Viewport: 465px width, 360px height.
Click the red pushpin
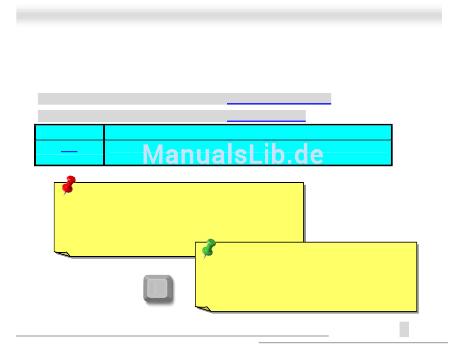tap(69, 184)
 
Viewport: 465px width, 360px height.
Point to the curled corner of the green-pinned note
tap(204, 309)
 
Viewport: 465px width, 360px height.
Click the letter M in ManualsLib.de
tap(153, 155)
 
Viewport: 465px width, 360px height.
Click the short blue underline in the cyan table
tap(70, 153)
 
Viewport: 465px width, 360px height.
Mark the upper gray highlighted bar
tap(132, 98)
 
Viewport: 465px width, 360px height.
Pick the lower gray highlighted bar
tap(132, 116)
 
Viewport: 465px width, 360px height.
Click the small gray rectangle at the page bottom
tap(404, 329)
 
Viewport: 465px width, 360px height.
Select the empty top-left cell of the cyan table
tap(69, 132)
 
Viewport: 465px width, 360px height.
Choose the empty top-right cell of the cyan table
tap(248, 132)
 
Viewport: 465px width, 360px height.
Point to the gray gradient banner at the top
tap(229, 16)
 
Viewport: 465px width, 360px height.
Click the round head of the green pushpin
tap(211, 243)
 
